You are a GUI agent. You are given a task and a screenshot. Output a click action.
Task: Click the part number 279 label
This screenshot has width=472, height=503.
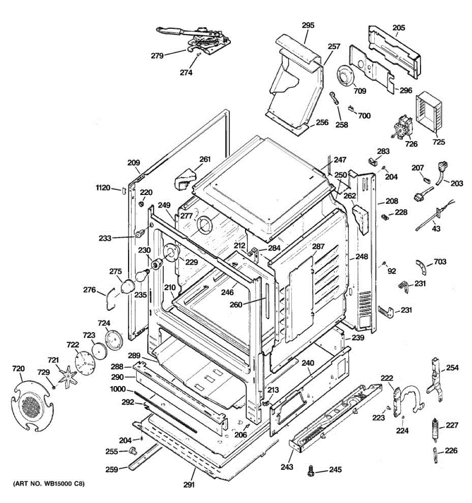157,55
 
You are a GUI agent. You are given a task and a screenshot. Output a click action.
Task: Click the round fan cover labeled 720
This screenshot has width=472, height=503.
32,406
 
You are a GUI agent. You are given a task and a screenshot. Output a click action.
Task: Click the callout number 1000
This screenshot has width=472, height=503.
118,389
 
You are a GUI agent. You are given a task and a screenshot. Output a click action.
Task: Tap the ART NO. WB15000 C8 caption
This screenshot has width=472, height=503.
49,484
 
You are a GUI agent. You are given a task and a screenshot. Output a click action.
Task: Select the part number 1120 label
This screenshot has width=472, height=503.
103,188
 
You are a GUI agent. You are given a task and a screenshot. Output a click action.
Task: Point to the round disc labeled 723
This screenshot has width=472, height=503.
99,351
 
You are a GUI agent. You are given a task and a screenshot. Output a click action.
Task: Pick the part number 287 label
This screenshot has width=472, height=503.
318,246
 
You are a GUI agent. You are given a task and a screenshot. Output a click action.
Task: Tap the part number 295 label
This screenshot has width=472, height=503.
308,25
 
